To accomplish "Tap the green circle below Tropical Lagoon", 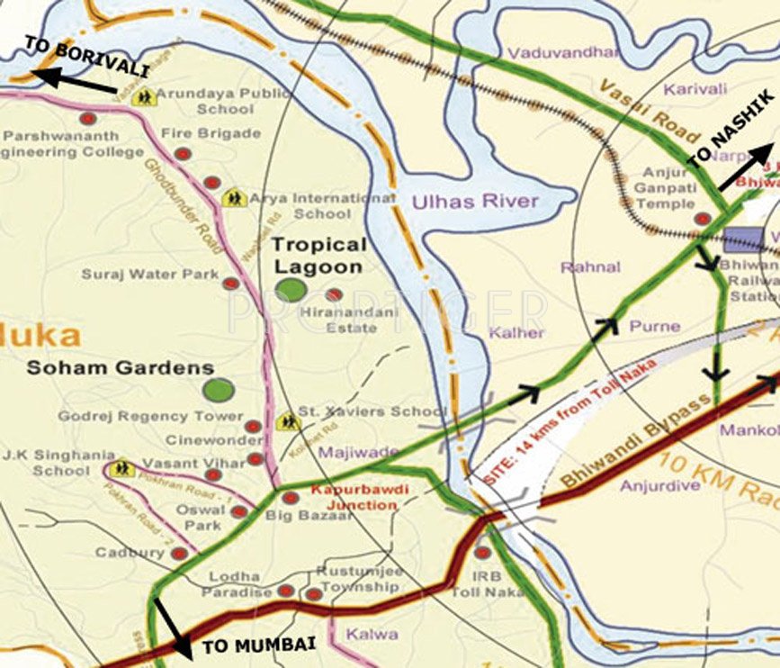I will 291,290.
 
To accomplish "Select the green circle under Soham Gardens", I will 218,390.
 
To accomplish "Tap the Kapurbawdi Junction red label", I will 354,497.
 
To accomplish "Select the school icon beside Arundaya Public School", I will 143,98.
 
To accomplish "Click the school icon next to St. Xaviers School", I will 288,420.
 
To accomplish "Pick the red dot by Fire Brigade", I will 183,154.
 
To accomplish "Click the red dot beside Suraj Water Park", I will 230,283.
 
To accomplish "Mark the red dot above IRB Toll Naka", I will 483,553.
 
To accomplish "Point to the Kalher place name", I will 516,332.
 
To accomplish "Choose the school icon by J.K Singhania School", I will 121,468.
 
